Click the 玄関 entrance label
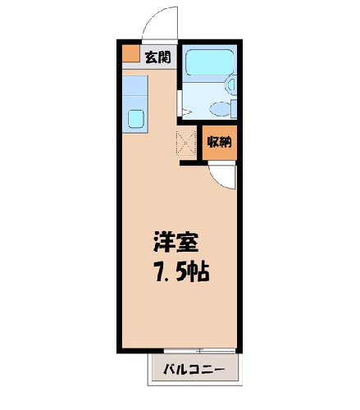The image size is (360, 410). coord(157,57)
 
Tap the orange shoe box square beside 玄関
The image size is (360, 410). coord(131,53)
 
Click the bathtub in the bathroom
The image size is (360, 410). coord(209,62)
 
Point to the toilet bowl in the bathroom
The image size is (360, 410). coord(220,109)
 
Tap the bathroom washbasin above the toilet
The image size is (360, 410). coord(231,84)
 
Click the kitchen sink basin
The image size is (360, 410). coord(136,119)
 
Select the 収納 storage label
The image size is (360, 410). coord(219,142)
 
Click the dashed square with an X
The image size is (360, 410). coord(186,143)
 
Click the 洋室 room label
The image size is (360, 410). coord(175,242)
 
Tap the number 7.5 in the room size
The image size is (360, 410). coord(170,271)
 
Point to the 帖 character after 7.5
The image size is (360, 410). coord(199,271)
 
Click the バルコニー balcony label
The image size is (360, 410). coord(194,369)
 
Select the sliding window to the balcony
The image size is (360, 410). coord(199,350)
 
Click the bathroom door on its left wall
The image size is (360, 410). coord(180,103)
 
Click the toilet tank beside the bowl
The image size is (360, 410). coord(234,109)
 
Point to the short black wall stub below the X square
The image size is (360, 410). coord(191,163)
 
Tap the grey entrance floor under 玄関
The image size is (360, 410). coord(149,66)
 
